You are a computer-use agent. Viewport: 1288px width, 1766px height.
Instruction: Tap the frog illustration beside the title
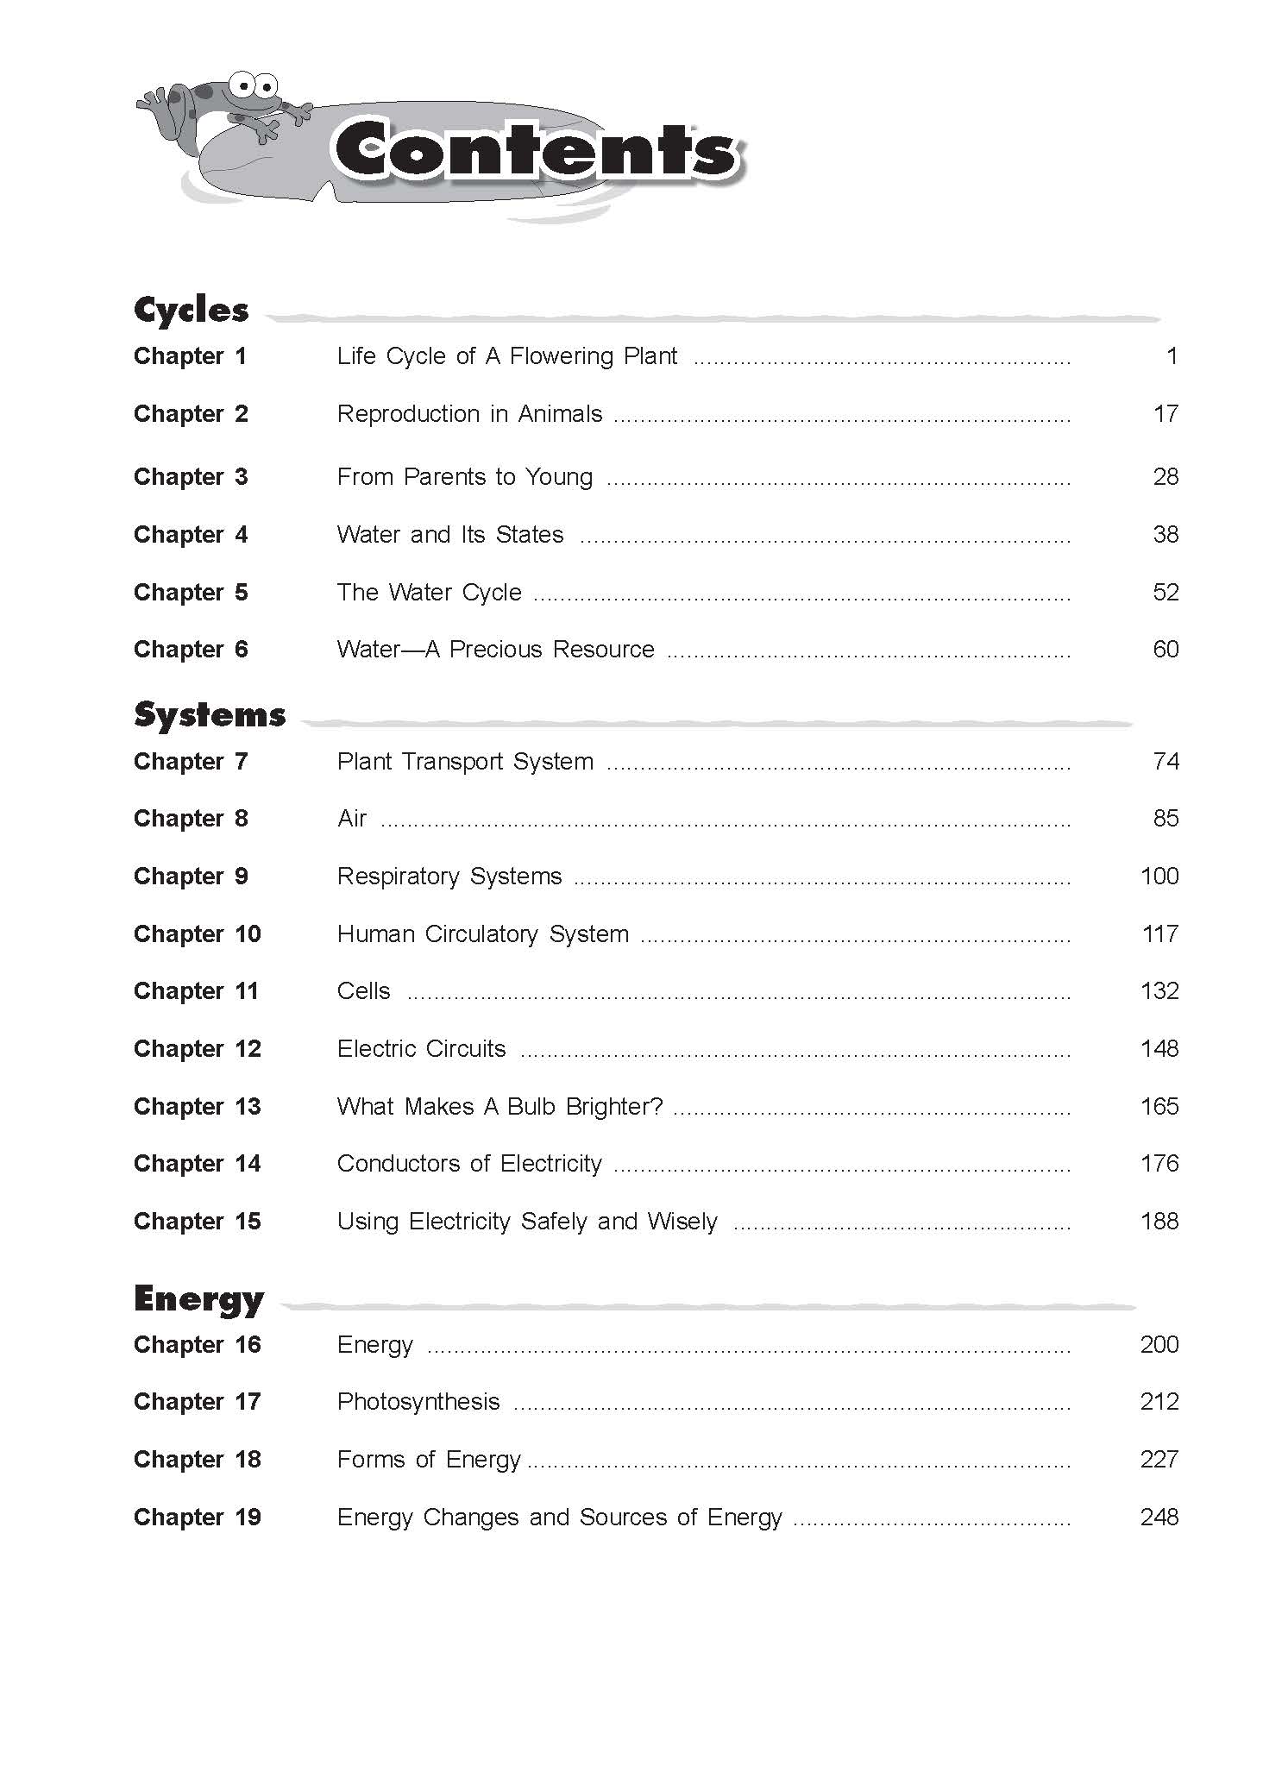point(229,108)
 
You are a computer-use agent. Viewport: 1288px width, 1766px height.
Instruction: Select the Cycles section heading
point(191,310)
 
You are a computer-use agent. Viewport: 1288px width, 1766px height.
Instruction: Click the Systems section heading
point(210,715)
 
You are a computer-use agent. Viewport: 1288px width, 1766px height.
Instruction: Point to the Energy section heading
point(198,1298)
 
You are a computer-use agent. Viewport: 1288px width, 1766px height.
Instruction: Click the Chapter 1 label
point(190,356)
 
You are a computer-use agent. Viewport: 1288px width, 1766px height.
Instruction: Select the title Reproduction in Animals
point(469,414)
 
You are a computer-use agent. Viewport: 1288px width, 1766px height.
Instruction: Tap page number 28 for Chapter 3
point(1165,477)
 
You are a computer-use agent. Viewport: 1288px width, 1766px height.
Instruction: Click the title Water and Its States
point(450,535)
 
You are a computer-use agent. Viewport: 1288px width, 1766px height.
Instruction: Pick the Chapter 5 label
point(190,593)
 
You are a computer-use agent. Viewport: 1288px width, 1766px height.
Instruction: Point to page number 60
point(1165,650)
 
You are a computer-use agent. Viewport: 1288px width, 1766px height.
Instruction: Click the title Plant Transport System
point(465,762)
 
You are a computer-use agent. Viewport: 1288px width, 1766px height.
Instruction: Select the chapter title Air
point(352,819)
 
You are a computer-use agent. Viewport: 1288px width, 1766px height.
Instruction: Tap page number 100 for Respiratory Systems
point(1159,877)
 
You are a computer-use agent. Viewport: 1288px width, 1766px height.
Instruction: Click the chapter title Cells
point(363,991)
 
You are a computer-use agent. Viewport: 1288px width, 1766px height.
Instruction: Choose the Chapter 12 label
point(197,1049)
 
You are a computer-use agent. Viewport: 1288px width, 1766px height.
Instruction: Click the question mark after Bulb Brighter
point(657,1107)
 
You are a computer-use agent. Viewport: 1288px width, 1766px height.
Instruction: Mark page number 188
point(1159,1222)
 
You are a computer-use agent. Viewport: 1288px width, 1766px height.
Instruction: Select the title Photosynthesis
point(418,1402)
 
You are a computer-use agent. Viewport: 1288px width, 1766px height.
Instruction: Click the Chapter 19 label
point(197,1518)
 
